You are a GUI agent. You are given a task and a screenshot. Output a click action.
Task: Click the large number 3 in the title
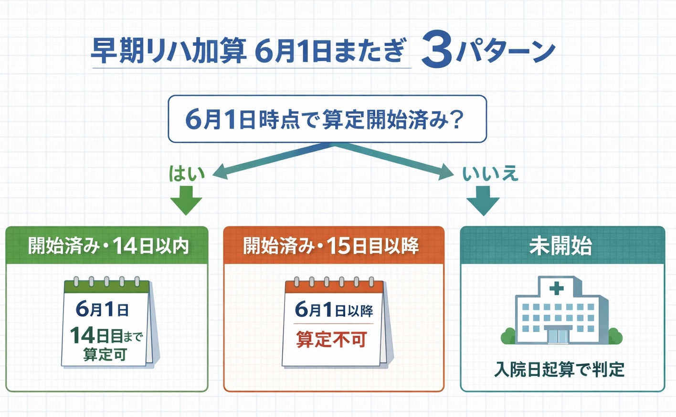coord(436,50)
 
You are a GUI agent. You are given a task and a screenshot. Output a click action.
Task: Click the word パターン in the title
coord(506,51)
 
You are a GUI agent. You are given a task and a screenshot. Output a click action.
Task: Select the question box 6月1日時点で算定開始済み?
coord(327,119)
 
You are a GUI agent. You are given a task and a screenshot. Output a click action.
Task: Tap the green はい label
coord(187,173)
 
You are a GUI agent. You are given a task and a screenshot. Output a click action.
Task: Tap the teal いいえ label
coord(490,173)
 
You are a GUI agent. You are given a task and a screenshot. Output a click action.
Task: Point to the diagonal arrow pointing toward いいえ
coord(396,161)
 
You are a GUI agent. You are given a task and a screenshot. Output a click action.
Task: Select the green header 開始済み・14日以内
coord(107,246)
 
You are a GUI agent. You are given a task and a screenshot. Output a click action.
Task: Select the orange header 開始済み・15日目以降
coord(332,246)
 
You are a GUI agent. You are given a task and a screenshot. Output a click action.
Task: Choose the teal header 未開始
coord(561,246)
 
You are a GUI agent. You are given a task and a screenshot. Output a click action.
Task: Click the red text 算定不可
coord(332,340)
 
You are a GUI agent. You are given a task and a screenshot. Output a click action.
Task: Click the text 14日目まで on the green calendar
coord(106,335)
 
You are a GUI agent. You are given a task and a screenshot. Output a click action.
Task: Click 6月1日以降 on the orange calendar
coord(334,310)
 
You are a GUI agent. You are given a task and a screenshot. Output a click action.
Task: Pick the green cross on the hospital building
coord(556,288)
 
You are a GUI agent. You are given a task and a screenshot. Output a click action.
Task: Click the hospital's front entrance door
coord(559,335)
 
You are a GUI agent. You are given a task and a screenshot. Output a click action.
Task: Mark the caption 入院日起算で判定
coord(560,369)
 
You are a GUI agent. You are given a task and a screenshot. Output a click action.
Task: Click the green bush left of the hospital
coord(508,336)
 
